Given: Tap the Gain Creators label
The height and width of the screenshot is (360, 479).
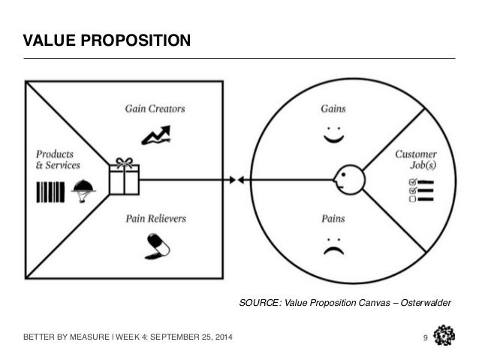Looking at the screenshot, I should click(x=155, y=108).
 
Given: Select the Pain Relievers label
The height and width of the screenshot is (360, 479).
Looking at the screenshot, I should click(x=155, y=219).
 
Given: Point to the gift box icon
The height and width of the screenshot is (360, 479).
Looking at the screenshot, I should click(x=124, y=177).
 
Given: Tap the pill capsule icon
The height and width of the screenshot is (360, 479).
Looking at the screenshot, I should click(x=155, y=245).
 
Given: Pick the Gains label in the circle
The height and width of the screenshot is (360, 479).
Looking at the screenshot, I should click(x=333, y=108).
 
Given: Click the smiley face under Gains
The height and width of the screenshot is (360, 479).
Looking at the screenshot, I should click(x=333, y=137).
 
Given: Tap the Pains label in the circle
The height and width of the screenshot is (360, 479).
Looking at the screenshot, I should click(x=333, y=219).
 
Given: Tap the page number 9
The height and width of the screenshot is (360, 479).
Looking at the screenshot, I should click(x=425, y=335).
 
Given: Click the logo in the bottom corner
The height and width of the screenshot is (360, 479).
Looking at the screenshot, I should click(x=444, y=334).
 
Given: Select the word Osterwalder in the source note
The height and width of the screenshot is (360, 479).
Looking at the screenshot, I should click(x=426, y=303).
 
